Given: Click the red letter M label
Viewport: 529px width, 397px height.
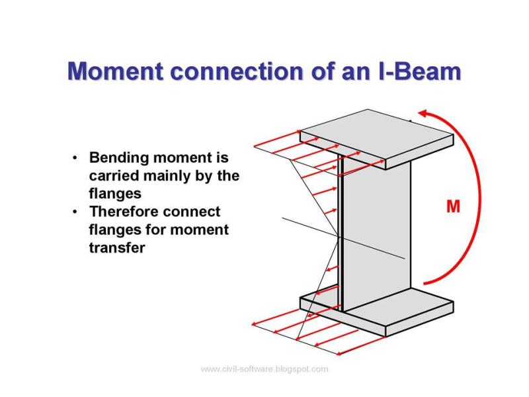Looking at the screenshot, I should point(453,207).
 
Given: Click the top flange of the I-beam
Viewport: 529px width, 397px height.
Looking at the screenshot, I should point(377,136).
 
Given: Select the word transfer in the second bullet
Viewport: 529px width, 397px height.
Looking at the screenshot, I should point(116,249).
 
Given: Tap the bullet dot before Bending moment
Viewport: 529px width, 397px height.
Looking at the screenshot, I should point(76,159).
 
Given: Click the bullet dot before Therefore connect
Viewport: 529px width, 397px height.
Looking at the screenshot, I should point(76,212).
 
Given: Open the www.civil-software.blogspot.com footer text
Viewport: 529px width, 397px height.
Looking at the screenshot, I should point(264,369).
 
